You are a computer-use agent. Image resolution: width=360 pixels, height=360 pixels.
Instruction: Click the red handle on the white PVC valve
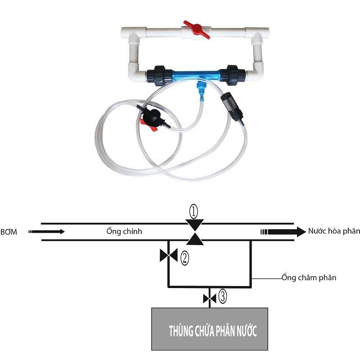[197, 29]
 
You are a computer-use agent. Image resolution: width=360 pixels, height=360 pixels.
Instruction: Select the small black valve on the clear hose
[151, 117]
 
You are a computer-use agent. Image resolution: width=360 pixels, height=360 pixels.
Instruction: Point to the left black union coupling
[160, 76]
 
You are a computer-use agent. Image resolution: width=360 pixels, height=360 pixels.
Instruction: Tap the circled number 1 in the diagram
[193, 211]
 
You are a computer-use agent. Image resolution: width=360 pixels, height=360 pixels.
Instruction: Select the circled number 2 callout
[184, 258]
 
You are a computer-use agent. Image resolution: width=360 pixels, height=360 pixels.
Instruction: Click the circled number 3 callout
[223, 296]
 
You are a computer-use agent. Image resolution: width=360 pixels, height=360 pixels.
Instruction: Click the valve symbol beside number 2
[169, 255]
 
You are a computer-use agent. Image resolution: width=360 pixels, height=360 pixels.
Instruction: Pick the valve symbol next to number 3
[210, 299]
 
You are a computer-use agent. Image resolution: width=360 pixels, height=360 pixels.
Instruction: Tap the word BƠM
[9, 232]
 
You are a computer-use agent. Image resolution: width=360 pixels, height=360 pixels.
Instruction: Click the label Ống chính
[124, 231]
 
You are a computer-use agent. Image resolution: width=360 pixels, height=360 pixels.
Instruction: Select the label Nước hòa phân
[334, 231]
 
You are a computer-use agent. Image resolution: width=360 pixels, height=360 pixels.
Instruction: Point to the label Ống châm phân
[309, 277]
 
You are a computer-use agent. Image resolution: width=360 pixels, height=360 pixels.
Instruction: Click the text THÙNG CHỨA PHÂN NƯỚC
[212, 331]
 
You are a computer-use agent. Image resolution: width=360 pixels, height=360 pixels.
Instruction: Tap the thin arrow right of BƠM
[46, 232]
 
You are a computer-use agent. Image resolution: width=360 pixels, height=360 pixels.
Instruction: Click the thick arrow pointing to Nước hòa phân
[283, 232]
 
